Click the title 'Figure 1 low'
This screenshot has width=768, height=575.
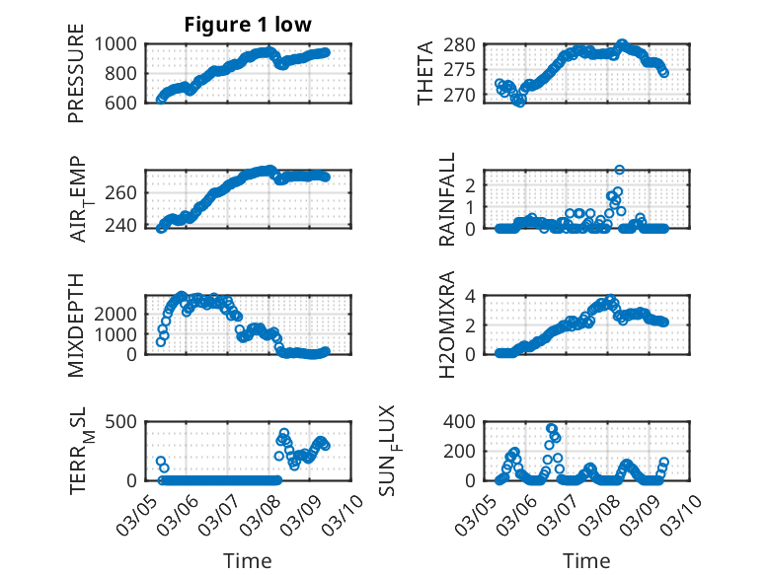(x=248, y=26)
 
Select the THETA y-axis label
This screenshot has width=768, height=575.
(x=425, y=73)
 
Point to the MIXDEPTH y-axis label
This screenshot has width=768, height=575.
(x=76, y=324)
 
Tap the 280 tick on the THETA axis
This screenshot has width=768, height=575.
(x=468, y=45)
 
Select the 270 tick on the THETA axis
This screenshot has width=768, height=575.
(x=468, y=96)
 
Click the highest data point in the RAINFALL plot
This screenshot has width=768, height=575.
(x=620, y=170)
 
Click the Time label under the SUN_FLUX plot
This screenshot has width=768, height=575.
(x=586, y=561)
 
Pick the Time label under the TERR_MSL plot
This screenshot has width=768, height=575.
(x=248, y=561)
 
